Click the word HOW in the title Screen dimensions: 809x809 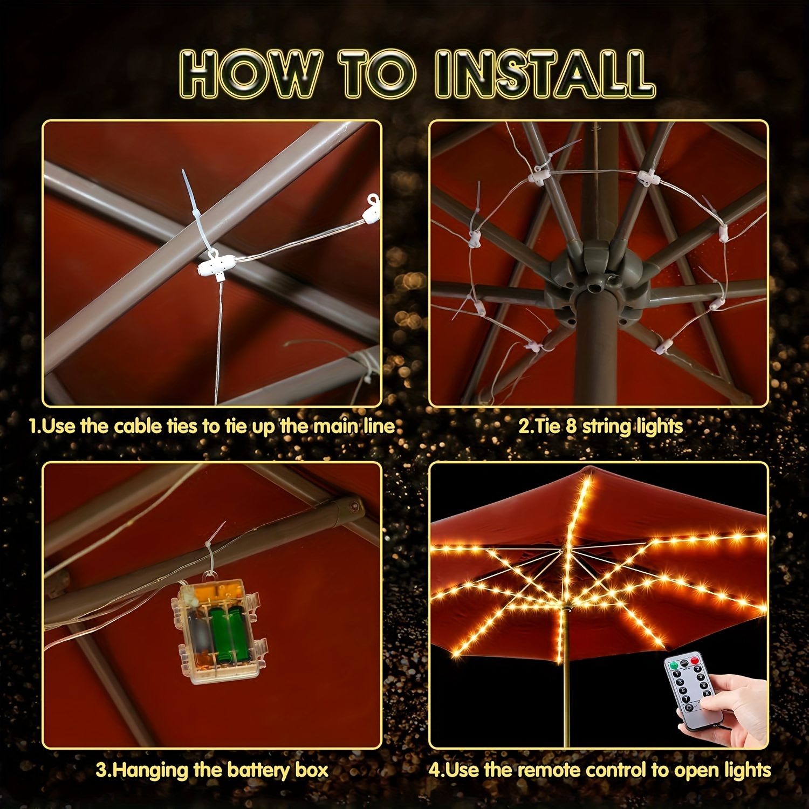point(251,74)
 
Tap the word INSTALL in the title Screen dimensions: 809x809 point(545,74)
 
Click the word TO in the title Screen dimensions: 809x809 point(378,74)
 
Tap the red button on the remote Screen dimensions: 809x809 point(694,661)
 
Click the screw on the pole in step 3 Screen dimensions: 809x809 point(354,506)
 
